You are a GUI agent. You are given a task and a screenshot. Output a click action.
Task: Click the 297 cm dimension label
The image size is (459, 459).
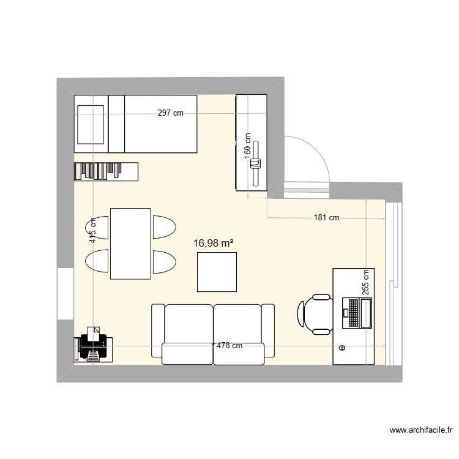click(170, 113)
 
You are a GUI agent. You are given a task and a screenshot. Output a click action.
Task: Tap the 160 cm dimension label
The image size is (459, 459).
click(248, 146)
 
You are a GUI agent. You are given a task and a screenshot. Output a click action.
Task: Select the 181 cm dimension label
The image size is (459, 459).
click(326, 217)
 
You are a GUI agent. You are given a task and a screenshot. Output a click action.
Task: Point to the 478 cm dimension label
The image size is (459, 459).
click(229, 346)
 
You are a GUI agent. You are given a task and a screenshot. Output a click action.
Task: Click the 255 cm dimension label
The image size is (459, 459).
click(365, 282)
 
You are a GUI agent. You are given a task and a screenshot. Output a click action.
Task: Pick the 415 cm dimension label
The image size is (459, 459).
click(92, 230)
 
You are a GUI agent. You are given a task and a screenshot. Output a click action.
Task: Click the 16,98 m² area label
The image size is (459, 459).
click(214, 243)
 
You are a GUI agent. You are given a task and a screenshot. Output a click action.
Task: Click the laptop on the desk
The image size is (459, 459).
click(357, 313)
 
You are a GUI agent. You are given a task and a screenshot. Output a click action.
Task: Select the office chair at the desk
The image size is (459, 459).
click(315, 315)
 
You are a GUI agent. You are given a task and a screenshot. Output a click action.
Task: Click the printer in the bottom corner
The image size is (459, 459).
click(94, 345)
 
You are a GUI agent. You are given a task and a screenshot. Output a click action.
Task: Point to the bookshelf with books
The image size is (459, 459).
click(106, 171)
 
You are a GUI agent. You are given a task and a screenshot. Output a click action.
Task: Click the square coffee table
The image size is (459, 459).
click(217, 272)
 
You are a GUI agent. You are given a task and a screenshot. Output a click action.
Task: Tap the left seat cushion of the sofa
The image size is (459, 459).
click(189, 324)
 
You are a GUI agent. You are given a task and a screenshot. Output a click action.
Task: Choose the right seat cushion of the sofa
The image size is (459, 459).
click(237, 324)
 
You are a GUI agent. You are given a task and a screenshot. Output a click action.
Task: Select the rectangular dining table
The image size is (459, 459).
click(130, 244)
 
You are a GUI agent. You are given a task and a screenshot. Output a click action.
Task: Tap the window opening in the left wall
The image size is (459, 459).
click(65, 294)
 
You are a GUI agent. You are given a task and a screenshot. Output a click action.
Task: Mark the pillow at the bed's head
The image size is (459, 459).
click(91, 124)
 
